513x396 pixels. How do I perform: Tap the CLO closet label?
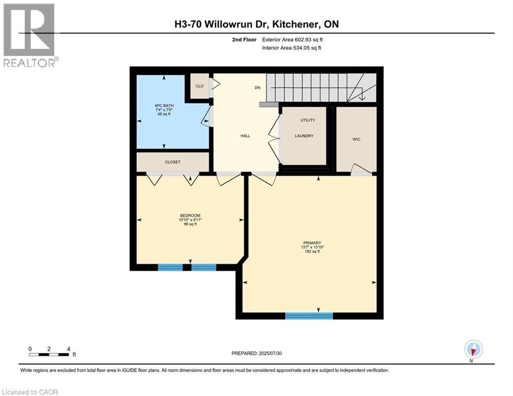199,86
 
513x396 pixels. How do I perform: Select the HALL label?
245,136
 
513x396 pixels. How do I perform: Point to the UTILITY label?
307,120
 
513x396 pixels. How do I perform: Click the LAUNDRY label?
304,136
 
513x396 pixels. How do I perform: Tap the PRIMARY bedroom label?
312,243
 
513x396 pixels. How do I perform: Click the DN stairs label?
258,88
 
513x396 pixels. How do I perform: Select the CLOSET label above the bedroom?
173,162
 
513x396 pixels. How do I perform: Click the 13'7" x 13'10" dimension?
312,247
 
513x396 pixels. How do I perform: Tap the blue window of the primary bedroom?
309,316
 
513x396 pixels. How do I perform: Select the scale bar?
49,354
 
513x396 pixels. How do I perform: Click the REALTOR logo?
29,35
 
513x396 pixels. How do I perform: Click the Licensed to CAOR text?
29,392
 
